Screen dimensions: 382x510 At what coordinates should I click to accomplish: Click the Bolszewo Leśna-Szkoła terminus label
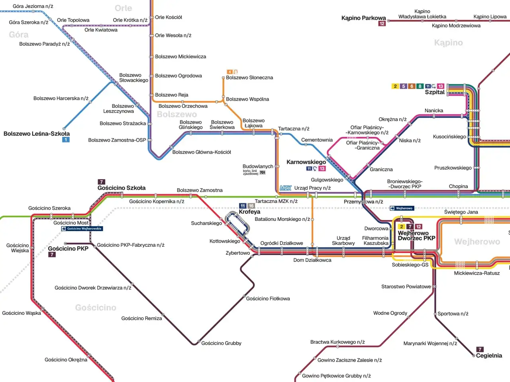(37, 134)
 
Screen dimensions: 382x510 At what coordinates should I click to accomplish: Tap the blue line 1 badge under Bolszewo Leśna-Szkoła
(66, 140)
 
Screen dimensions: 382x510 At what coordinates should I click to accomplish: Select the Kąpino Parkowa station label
(363, 18)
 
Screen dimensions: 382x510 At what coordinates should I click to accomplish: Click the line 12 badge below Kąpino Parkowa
(382, 23)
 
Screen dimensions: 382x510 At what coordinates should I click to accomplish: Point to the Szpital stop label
(434, 92)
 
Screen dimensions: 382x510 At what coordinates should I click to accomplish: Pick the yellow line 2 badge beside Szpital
(395, 86)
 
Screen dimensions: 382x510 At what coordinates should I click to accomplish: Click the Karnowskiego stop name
(306, 162)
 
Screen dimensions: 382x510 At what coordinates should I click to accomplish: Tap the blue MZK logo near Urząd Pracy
(286, 188)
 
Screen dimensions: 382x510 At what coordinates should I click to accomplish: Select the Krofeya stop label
(249, 212)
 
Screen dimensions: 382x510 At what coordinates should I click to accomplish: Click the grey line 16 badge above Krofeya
(251, 206)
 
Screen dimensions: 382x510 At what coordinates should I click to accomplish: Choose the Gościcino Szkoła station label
(122, 188)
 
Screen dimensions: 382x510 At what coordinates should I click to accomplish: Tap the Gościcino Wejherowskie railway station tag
(82, 229)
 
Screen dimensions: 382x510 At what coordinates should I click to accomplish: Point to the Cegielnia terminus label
(489, 355)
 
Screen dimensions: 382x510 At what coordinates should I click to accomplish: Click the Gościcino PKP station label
(68, 248)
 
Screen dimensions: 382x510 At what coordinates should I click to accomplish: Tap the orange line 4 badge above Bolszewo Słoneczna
(229, 72)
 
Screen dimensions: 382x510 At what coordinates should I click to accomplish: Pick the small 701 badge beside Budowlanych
(262, 172)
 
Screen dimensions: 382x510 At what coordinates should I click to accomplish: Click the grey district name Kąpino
(448, 43)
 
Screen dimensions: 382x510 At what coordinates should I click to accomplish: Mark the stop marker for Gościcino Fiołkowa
(244, 296)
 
